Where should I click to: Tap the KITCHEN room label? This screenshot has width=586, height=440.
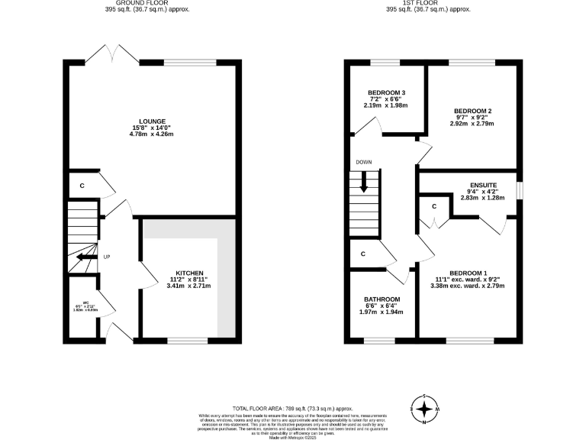(x=188, y=273)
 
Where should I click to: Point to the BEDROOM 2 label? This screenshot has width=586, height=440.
(x=472, y=111)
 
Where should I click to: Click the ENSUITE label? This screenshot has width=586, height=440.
(x=483, y=185)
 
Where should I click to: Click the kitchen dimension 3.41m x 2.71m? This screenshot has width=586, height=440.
(x=188, y=286)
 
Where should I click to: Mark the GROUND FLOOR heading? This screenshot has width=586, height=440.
(x=148, y=4)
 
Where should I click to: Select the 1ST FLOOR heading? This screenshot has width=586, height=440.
(x=428, y=4)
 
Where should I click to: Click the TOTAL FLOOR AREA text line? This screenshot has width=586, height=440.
(x=293, y=409)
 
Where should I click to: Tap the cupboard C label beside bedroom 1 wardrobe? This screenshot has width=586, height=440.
(x=433, y=206)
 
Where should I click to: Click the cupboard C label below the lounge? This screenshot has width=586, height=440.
(x=82, y=186)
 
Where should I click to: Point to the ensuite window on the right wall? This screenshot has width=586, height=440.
(x=520, y=189)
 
